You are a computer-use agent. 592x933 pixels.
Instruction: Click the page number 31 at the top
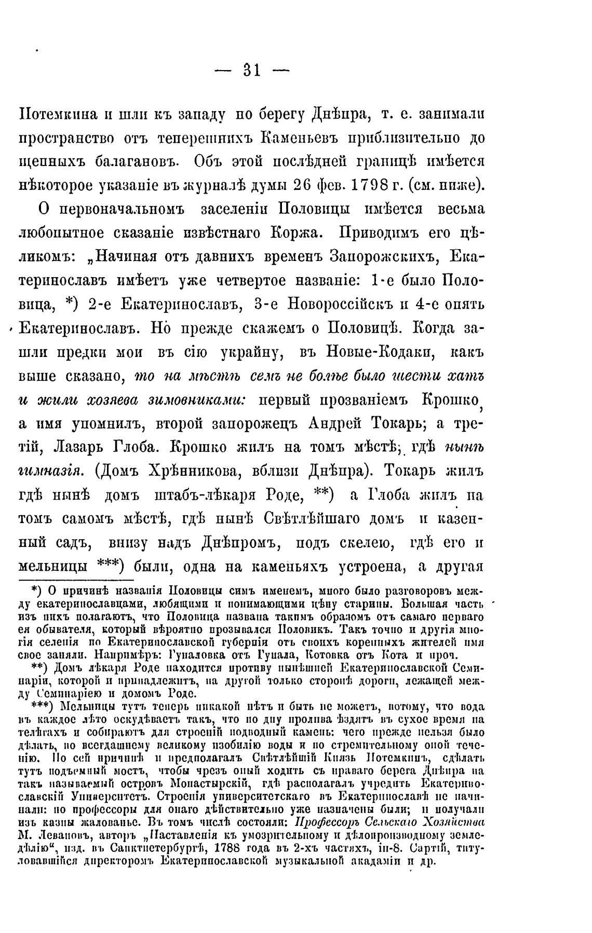(251, 71)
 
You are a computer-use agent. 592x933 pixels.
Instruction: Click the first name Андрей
(337, 424)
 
